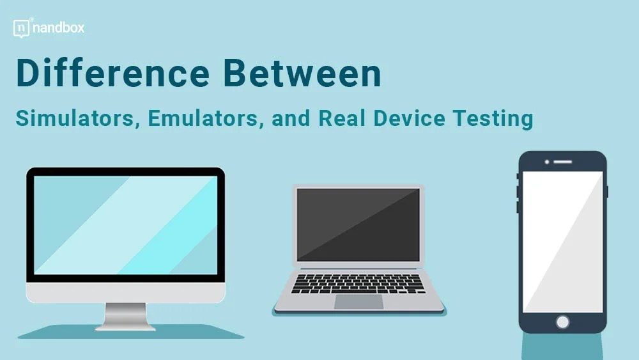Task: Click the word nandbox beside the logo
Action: click(x=59, y=28)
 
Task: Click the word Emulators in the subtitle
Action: click(x=206, y=119)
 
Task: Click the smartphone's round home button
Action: click(x=562, y=322)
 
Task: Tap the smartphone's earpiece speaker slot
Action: click(x=562, y=162)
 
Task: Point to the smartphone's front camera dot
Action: click(x=547, y=162)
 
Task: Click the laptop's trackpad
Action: click(x=358, y=302)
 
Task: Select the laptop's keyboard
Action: click(x=358, y=283)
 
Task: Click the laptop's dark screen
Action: click(x=358, y=224)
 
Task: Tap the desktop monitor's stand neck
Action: click(x=126, y=314)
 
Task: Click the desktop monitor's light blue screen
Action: click(x=126, y=224)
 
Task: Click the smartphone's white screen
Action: click(x=562, y=242)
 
